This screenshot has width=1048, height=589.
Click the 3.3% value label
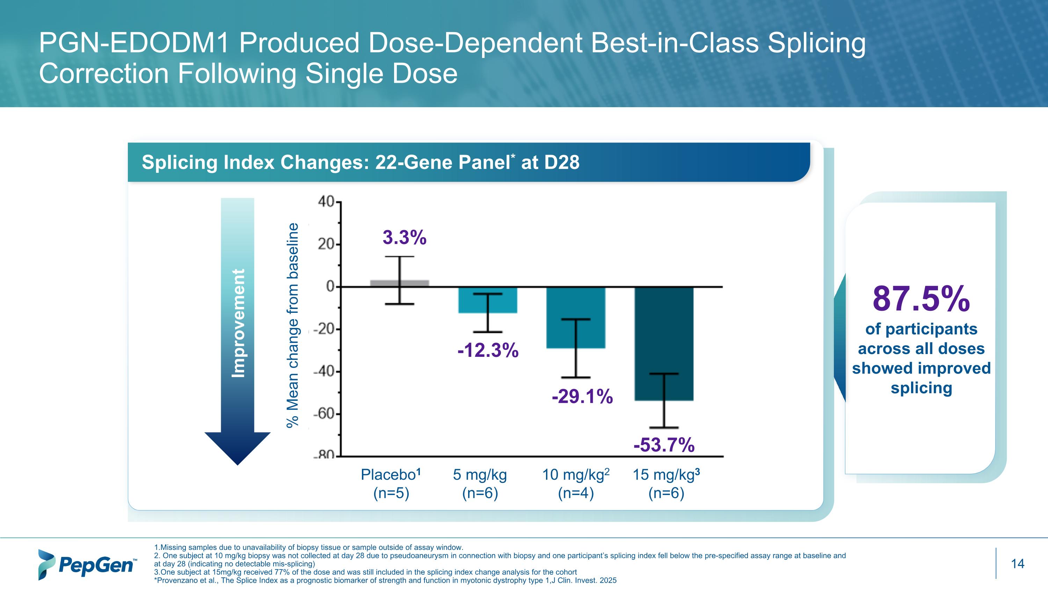[405, 237]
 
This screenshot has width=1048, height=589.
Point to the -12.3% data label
[488, 350]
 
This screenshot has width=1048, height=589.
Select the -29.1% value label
[582, 396]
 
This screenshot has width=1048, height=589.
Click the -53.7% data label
[664, 445]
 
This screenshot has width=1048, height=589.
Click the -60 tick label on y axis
[324, 414]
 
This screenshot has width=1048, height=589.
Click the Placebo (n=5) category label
[391, 484]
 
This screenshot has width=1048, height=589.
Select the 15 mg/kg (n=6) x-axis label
[666, 484]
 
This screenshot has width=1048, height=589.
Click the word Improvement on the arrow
[238, 323]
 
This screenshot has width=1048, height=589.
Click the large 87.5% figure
[921, 299]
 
